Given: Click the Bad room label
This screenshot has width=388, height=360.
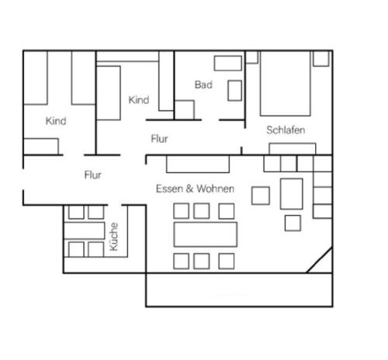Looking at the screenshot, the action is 203,85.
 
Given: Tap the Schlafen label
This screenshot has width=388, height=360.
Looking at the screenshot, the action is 286,130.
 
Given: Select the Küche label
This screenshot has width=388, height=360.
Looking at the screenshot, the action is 114,237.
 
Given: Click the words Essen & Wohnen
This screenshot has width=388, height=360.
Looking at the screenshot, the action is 195,189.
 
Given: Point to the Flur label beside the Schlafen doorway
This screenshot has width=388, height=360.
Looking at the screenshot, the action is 159,139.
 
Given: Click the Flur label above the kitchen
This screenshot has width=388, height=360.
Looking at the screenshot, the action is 92,175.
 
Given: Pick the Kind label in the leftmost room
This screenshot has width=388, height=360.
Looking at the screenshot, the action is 56,121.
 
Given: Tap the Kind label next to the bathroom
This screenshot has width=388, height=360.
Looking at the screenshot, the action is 139,100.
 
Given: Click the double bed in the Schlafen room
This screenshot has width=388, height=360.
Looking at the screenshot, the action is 286,83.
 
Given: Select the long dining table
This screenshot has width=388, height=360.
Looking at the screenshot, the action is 206,234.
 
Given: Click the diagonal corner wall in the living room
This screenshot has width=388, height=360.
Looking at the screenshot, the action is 319,260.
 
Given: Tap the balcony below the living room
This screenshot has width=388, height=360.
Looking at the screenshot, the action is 239,289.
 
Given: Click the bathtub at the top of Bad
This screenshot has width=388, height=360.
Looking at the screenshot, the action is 228,63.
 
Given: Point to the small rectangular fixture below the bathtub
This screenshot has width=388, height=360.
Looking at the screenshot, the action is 235,91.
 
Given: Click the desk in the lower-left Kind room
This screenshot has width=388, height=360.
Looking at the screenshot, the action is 41,147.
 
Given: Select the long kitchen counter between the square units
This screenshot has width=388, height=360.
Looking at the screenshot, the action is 84,230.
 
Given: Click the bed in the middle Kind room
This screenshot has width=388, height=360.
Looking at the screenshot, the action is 109,93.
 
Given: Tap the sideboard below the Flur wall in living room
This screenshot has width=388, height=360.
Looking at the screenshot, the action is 198,164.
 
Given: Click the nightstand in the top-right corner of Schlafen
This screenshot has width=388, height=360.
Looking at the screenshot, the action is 321,58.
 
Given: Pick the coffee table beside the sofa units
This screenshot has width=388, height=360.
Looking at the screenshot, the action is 292,194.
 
